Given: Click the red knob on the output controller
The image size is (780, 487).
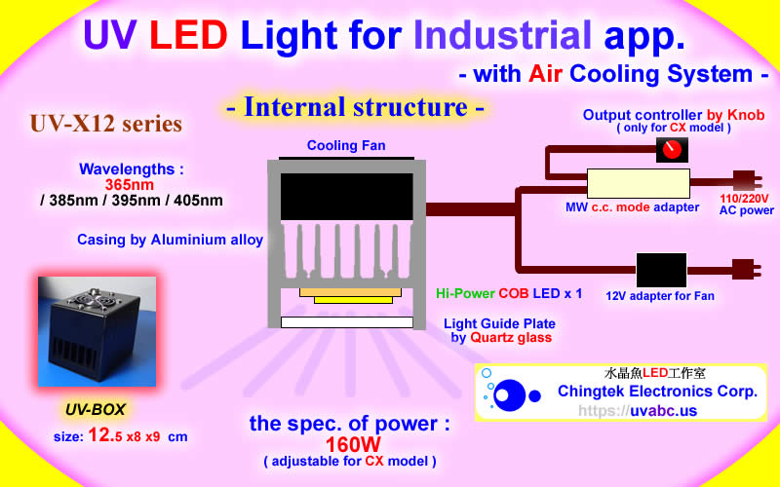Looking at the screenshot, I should (x=671, y=150).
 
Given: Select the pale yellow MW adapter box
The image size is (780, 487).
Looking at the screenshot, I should (x=638, y=183).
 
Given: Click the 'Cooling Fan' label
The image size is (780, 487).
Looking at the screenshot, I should (x=346, y=146).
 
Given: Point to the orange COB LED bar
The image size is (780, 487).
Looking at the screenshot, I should (x=346, y=291).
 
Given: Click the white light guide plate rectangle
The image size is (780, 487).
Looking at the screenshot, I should (x=346, y=322).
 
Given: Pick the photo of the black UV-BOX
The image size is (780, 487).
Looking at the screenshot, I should (x=96, y=331).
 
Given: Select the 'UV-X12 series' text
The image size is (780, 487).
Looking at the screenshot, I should (x=105, y=125).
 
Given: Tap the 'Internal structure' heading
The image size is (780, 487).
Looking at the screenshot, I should (x=354, y=107).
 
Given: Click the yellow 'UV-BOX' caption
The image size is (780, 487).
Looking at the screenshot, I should (x=96, y=409).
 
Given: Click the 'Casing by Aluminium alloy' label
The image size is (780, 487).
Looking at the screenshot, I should (x=171, y=240).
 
